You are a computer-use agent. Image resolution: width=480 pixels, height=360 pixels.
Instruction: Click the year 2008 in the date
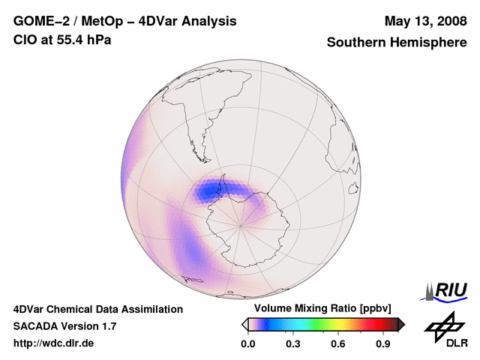(449, 21)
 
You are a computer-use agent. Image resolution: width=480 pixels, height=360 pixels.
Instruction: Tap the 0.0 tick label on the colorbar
(247, 344)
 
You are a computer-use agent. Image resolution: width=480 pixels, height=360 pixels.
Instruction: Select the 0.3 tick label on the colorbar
(293, 344)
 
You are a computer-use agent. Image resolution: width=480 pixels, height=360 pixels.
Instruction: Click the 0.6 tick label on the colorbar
(339, 344)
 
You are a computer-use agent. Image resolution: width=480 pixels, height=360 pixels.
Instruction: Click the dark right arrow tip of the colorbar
(401, 324)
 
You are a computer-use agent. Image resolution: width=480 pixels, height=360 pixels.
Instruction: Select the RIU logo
(446, 291)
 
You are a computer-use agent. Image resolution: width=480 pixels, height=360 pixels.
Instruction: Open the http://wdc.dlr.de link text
(54, 344)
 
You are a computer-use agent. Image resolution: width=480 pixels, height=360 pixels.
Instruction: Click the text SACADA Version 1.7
(64, 326)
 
